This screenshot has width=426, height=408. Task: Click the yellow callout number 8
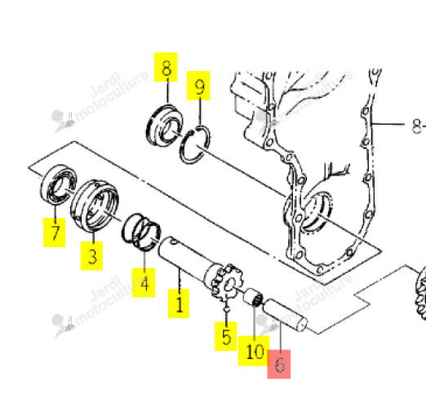click(x=166, y=67)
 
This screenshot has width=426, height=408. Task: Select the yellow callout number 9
click(x=198, y=86)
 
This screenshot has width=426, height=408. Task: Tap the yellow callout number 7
click(x=55, y=233)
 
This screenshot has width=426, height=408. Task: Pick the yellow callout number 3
click(x=91, y=255)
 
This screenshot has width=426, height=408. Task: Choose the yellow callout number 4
click(x=144, y=282)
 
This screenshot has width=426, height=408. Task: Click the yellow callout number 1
click(x=179, y=304)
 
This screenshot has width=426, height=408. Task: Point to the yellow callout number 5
click(x=226, y=336)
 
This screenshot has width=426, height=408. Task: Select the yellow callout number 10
click(x=254, y=351)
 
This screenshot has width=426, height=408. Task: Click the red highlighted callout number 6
click(x=279, y=364)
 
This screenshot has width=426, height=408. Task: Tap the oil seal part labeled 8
click(x=165, y=126)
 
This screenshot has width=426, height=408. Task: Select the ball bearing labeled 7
click(x=58, y=184)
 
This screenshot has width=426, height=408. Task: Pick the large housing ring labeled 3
click(x=95, y=206)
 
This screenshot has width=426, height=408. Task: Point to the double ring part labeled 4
click(x=141, y=232)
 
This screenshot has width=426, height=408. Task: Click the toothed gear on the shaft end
click(x=228, y=283)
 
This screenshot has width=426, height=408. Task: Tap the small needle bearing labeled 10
click(x=253, y=298)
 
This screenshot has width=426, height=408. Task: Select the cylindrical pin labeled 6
click(x=285, y=315)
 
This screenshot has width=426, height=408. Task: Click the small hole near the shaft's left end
click(x=174, y=242)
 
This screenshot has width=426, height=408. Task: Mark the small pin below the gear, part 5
click(x=226, y=309)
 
